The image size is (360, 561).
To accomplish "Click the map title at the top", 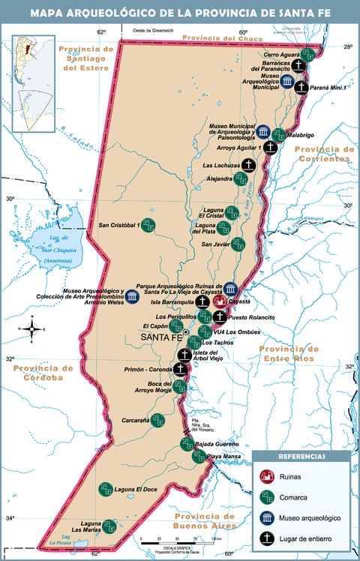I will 180,13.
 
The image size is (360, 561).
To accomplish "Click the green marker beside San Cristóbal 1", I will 148,225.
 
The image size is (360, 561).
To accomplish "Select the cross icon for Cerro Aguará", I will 298,66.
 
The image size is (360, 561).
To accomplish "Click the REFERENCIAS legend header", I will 301,457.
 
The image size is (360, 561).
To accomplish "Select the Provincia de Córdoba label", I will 43,373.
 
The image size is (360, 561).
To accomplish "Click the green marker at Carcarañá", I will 157,420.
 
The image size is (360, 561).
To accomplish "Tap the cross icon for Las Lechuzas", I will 247,166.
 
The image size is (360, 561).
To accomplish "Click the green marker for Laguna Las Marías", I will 109,526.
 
